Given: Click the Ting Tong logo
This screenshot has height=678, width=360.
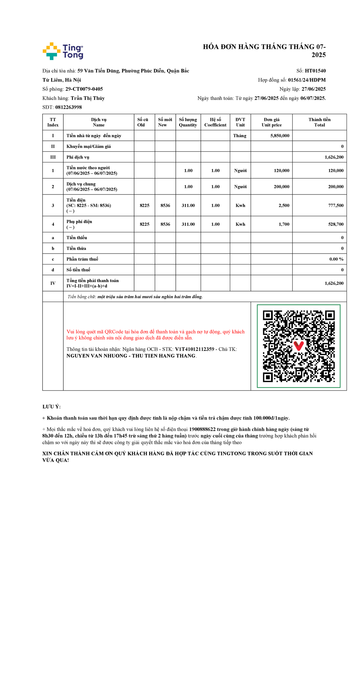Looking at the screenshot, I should click(x=63, y=51).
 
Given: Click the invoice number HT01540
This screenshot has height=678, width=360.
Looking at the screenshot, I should click(x=315, y=71).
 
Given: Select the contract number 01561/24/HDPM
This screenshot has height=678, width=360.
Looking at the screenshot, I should click(x=307, y=80).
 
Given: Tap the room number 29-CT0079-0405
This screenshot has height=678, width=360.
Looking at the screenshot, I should click(x=84, y=89).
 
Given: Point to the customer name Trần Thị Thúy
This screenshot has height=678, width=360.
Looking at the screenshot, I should click(x=88, y=98).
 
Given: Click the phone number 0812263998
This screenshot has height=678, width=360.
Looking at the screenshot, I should click(x=68, y=107).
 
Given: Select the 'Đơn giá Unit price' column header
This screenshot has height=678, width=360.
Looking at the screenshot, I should click(x=271, y=122).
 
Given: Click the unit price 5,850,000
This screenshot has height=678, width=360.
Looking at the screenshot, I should click(x=280, y=136).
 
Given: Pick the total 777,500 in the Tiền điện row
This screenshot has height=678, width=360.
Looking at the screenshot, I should click(x=336, y=206).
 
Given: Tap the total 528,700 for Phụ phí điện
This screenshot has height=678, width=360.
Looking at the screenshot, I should click(x=336, y=224).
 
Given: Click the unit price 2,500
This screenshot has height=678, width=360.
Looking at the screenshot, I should click(x=284, y=206).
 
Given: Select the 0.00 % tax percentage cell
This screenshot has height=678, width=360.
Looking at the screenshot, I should click(x=336, y=259).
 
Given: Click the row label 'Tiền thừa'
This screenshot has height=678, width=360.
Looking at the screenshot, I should click(x=76, y=249).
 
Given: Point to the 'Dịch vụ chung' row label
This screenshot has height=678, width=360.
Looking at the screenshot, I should click(x=81, y=184).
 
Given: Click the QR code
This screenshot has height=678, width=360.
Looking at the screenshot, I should click(x=298, y=346).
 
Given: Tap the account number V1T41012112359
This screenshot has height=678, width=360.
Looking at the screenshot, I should click(x=194, y=349).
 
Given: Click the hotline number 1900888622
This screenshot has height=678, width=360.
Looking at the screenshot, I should click(x=202, y=429).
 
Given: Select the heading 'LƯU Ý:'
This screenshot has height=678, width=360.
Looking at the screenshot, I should click(x=52, y=407).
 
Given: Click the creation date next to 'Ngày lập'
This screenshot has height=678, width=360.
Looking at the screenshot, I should click(x=313, y=89).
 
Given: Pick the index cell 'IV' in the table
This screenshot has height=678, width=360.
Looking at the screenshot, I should click(x=53, y=283).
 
